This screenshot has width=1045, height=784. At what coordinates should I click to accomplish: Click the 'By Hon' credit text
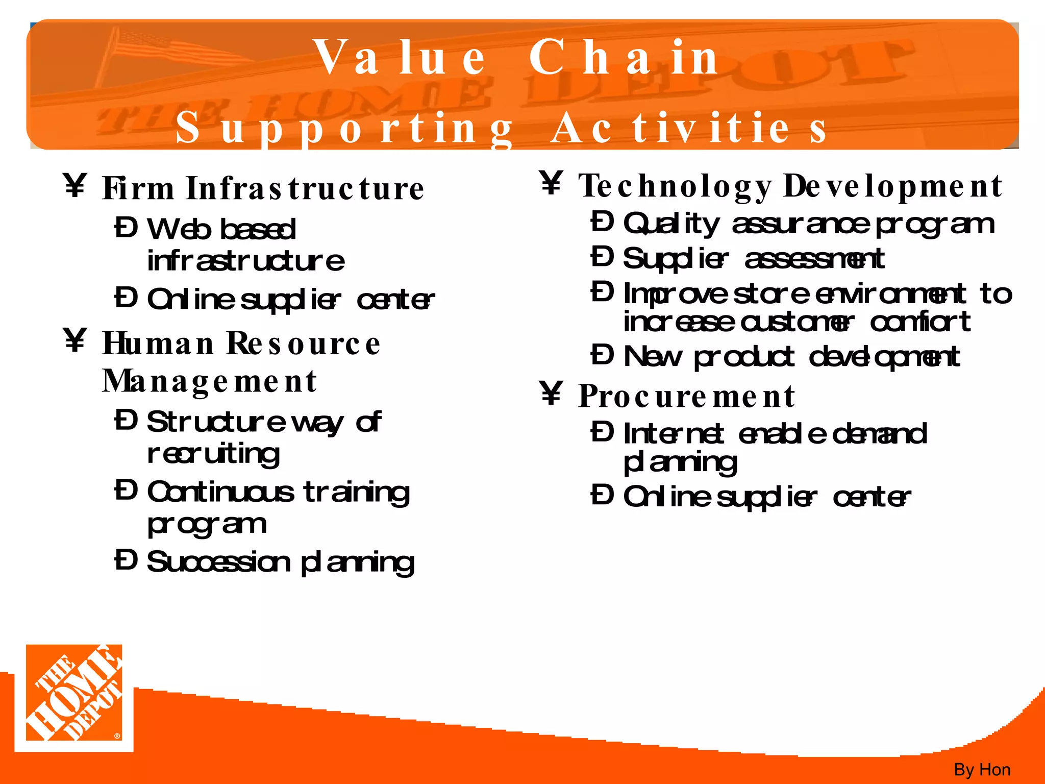[x=982, y=769]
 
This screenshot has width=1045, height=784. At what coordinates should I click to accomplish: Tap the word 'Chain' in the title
[x=624, y=58]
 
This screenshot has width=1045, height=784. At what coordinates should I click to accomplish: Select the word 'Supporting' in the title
[x=344, y=128]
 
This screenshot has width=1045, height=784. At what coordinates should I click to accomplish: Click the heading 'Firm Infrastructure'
[x=263, y=188]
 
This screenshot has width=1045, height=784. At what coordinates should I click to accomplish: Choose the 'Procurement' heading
[x=686, y=396]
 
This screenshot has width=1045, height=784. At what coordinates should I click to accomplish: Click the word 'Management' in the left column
[x=209, y=381]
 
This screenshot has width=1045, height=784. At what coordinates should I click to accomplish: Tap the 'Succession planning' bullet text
[x=281, y=562]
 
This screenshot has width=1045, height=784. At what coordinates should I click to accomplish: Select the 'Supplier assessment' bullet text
[x=754, y=259]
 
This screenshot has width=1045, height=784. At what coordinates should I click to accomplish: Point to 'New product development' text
[x=791, y=357]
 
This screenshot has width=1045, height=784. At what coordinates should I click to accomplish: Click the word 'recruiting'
[x=213, y=453]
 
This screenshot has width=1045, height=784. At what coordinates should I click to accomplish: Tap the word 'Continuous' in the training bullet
[x=220, y=492]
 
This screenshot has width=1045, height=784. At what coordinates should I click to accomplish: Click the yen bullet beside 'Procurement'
[x=551, y=394]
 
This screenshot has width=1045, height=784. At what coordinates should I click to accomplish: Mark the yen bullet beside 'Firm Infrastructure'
[x=75, y=185]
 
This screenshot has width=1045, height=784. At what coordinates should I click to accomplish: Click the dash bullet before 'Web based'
[x=126, y=228]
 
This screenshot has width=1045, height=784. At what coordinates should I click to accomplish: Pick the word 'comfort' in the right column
[x=920, y=322]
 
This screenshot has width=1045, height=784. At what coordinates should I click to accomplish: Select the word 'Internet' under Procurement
[x=673, y=434]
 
